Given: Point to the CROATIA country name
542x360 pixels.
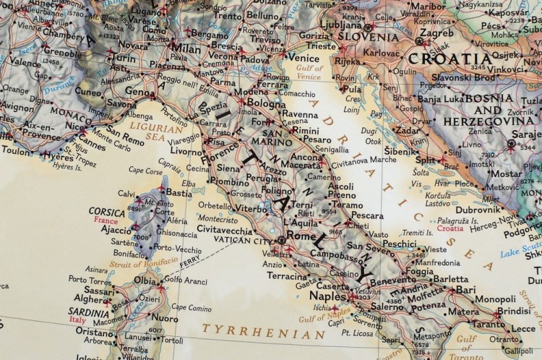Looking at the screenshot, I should coord(450,59).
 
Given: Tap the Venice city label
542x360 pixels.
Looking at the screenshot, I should coord(303,56).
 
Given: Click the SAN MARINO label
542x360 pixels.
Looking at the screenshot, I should coord(278,138).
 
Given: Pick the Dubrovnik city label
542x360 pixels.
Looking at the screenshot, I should coord(478,210).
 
